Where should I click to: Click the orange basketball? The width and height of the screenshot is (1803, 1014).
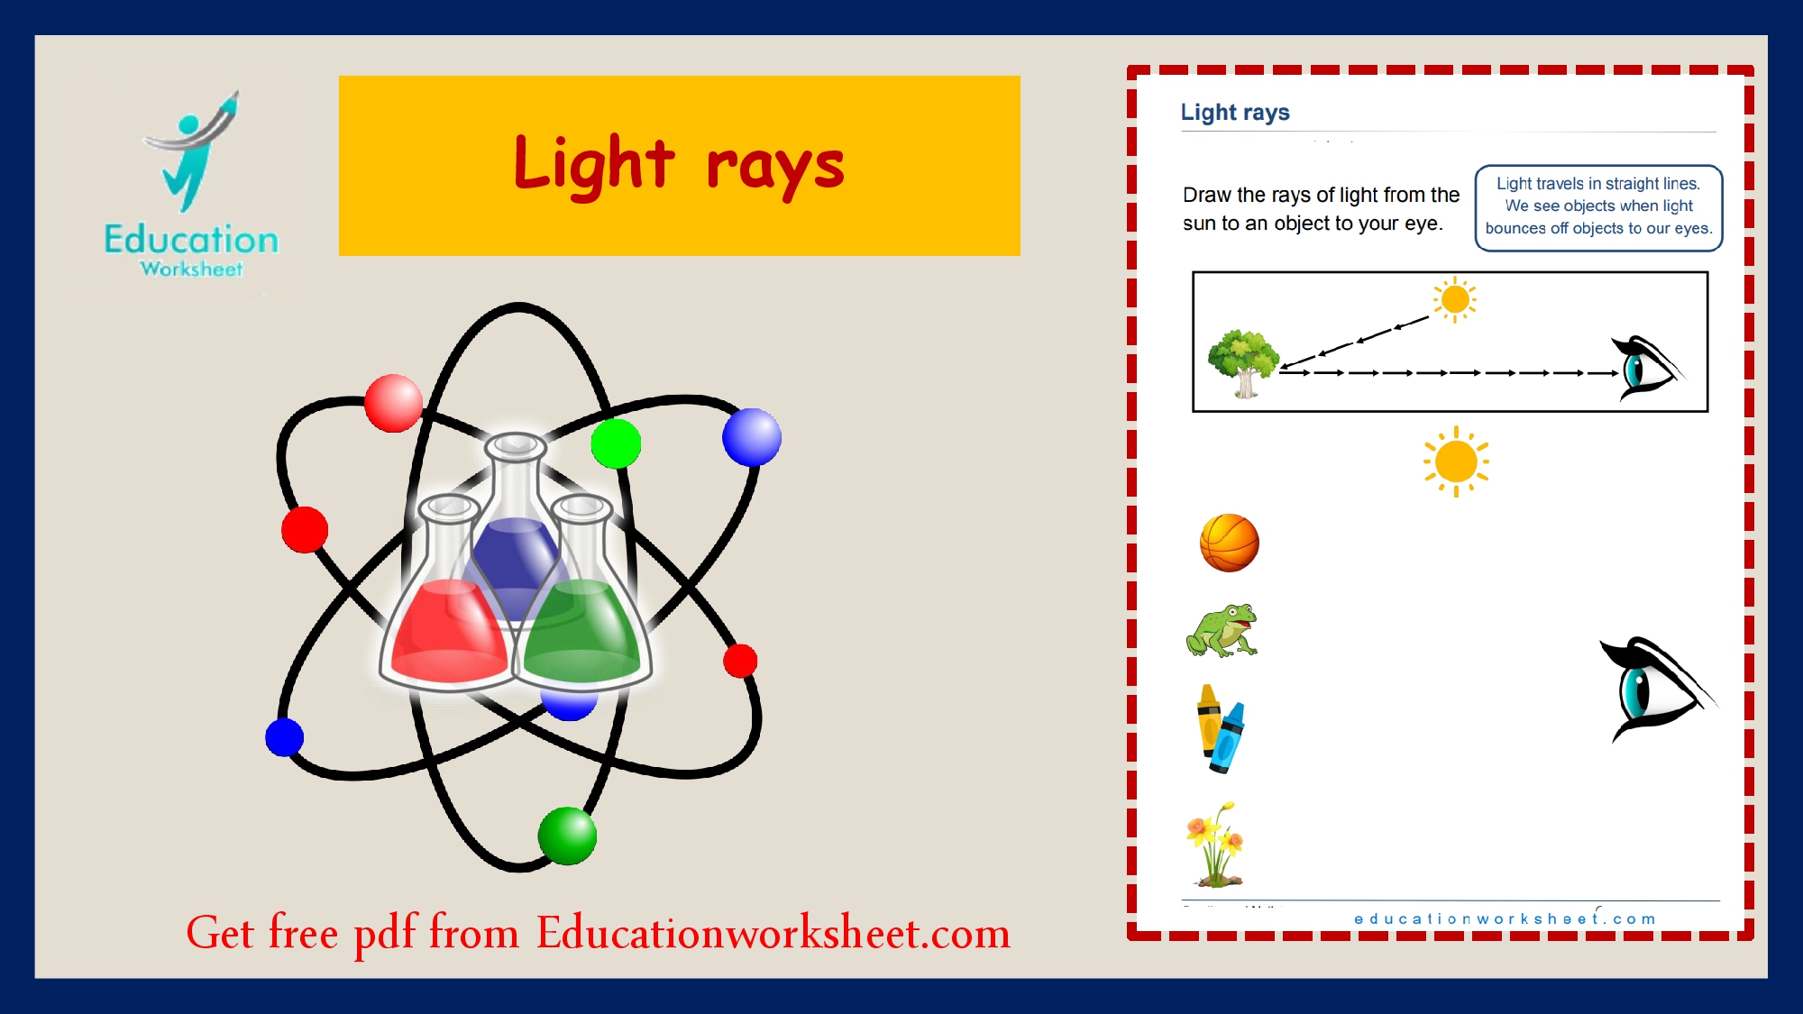click(x=1229, y=543)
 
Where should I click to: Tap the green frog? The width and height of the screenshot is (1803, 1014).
click(x=1222, y=630)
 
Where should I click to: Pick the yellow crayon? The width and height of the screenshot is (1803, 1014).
click(x=1208, y=720)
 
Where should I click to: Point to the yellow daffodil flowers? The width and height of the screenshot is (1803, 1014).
click(x=1215, y=845)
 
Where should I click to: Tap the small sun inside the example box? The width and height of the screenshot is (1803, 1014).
click(x=1455, y=299)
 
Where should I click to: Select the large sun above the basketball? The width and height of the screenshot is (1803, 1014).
click(x=1456, y=462)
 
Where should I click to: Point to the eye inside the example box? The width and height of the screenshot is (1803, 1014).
click(x=1647, y=368)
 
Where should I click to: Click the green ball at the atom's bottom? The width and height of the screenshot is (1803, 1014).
click(x=567, y=836)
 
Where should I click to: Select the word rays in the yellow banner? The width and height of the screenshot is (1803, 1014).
click(x=775, y=169)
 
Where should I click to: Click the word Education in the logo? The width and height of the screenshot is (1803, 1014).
click(x=191, y=240)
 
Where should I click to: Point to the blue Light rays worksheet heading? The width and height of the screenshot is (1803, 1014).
click(x=1235, y=112)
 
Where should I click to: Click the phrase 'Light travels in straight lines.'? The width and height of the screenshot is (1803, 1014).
click(x=1598, y=183)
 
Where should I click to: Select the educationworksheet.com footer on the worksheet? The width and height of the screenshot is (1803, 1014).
click(x=1505, y=918)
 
